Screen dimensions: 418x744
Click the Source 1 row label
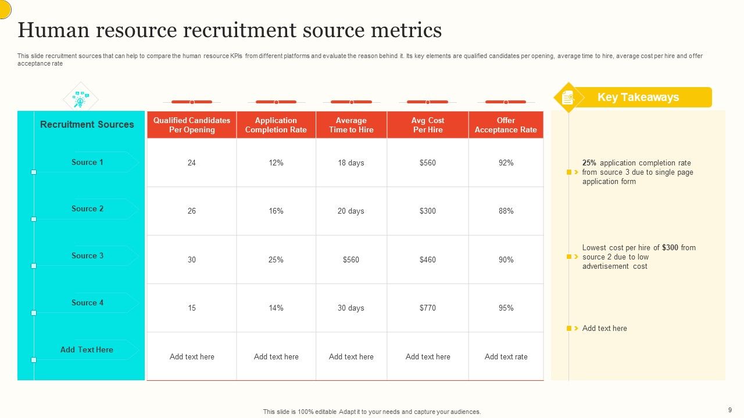point(87,163)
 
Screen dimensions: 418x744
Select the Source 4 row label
point(87,303)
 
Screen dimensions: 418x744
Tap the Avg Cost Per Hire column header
point(428,125)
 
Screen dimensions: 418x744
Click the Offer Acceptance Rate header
point(506,125)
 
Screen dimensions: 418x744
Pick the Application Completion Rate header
point(276,125)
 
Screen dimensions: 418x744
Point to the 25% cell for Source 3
point(276,260)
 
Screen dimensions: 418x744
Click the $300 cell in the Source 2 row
point(428,211)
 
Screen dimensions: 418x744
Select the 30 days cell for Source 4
point(351,308)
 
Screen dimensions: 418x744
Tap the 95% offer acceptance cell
point(506,308)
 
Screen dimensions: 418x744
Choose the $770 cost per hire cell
point(428,308)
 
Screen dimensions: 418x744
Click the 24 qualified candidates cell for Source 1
point(192,163)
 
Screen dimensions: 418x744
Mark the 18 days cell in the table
point(351,163)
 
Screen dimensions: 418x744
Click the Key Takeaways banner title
point(638,98)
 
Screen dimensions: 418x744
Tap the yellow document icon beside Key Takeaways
point(568,98)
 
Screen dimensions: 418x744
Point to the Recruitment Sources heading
point(87,124)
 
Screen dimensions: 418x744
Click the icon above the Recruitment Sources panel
point(80,99)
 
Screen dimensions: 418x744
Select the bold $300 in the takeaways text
point(670,248)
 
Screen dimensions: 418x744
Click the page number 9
point(729,409)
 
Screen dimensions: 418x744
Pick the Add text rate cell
point(506,357)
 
